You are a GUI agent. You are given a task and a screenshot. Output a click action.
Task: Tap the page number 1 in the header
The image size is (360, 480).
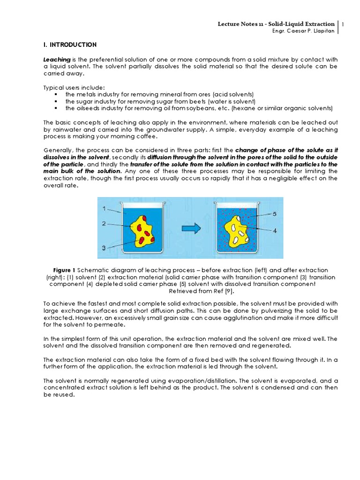(343, 24)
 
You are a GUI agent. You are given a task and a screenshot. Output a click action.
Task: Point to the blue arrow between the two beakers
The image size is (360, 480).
(191, 228)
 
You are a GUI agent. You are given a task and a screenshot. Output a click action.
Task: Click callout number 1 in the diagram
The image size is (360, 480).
(105, 208)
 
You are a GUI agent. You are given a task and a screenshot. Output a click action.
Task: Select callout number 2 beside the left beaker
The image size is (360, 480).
(105, 224)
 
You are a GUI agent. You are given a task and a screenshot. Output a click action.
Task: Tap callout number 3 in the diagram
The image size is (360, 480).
(105, 247)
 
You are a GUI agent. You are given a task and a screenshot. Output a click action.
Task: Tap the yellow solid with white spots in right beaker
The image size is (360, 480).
(237, 231)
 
